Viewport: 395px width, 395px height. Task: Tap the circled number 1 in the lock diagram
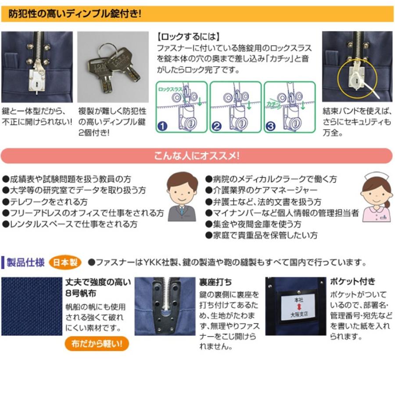[x=163, y=127]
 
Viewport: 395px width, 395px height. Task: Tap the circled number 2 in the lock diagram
[x=216, y=127]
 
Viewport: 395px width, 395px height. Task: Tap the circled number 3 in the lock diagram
[x=270, y=127]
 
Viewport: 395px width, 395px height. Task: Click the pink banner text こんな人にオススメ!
[x=197, y=156]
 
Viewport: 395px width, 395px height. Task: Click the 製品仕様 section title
[x=25, y=262]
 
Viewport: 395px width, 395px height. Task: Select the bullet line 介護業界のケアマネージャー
[x=262, y=190]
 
